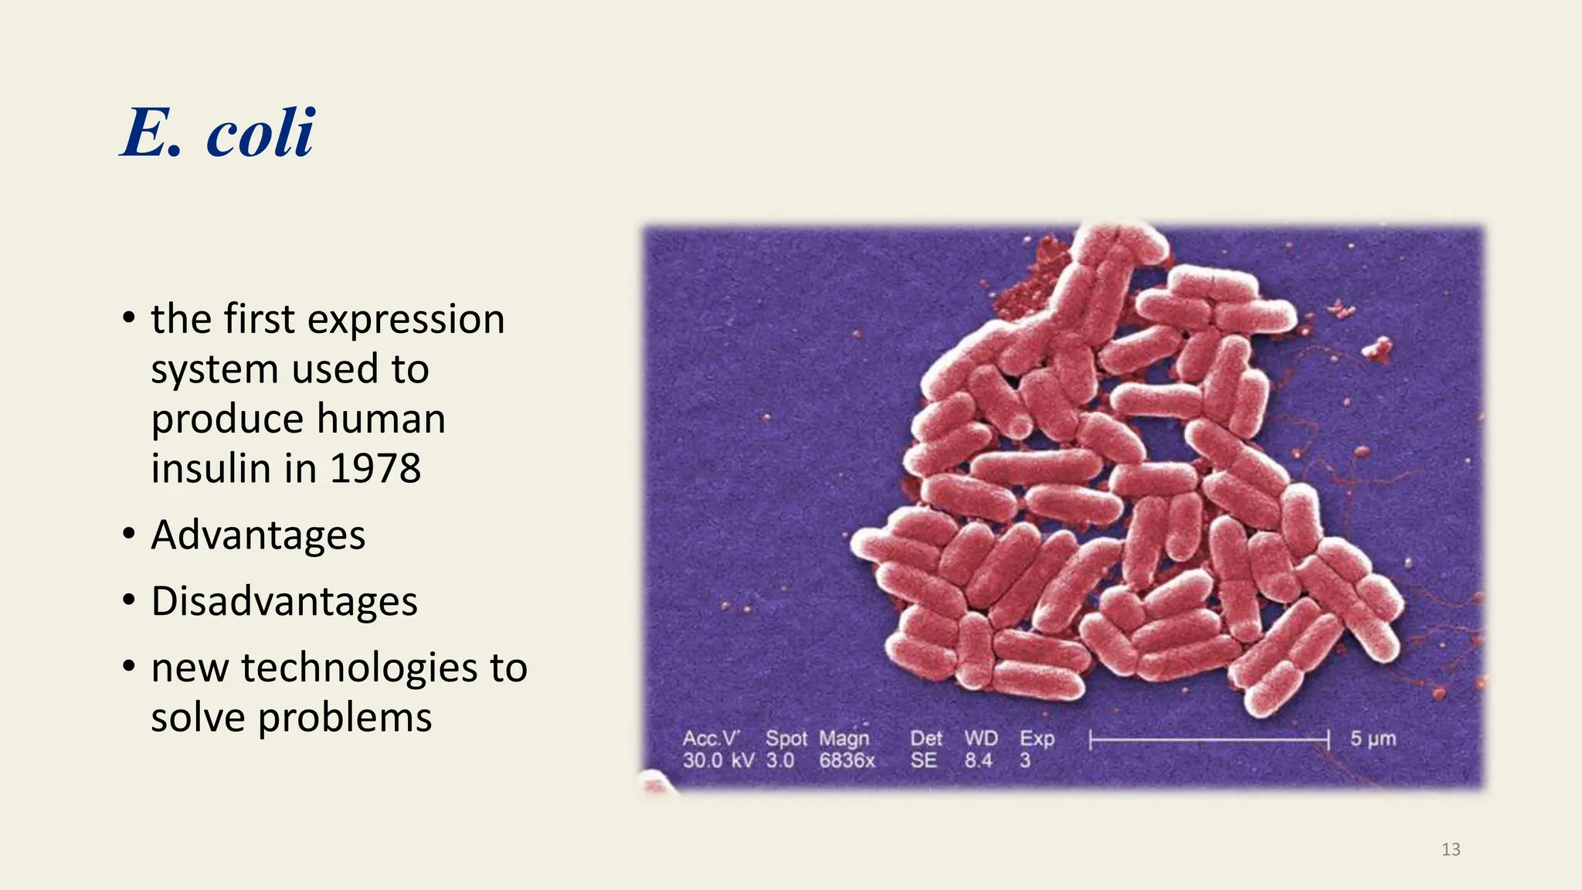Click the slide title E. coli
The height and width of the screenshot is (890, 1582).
click(x=219, y=133)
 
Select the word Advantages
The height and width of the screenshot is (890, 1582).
click(x=258, y=535)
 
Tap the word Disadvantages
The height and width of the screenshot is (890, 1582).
click(x=284, y=601)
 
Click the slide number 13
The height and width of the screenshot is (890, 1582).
click(x=1451, y=850)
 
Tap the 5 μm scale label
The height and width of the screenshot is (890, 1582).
click(x=1373, y=739)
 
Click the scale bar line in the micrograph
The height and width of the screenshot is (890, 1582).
click(x=1209, y=740)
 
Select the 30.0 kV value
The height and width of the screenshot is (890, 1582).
click(x=718, y=760)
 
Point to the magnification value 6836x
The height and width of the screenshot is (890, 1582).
click(x=847, y=760)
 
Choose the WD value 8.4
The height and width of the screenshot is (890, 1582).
click(x=978, y=760)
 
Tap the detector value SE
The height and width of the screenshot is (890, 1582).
click(x=923, y=760)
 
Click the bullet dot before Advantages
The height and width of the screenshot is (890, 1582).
click(x=129, y=534)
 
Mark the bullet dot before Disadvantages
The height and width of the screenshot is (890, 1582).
click(x=129, y=600)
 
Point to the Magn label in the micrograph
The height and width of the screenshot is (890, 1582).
click(x=844, y=739)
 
